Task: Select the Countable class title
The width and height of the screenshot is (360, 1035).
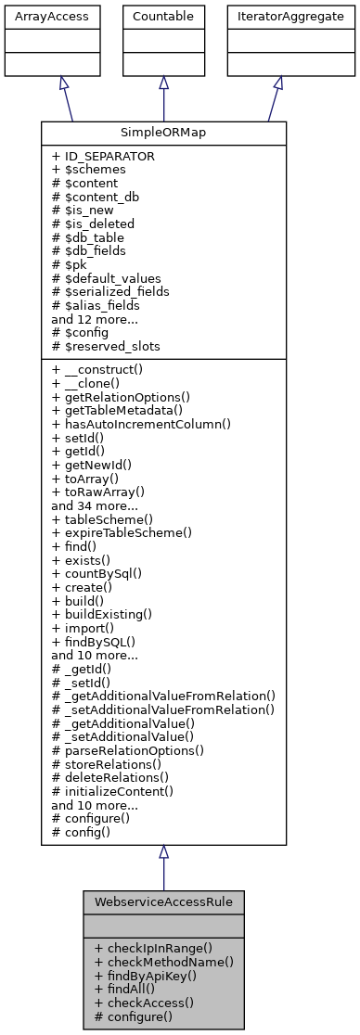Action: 163,16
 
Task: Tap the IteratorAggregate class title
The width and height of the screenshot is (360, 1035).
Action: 277,16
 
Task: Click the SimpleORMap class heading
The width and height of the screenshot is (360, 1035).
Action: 163,133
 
